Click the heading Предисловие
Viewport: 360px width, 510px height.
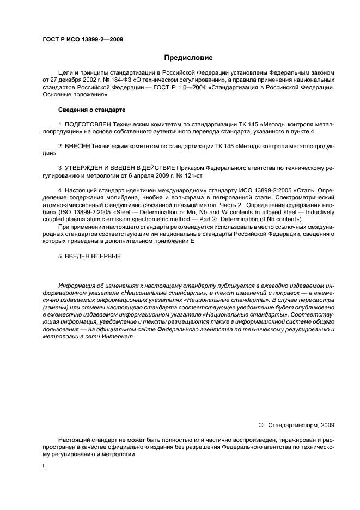click(188, 58)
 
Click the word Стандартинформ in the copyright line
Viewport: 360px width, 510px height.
click(292, 425)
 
